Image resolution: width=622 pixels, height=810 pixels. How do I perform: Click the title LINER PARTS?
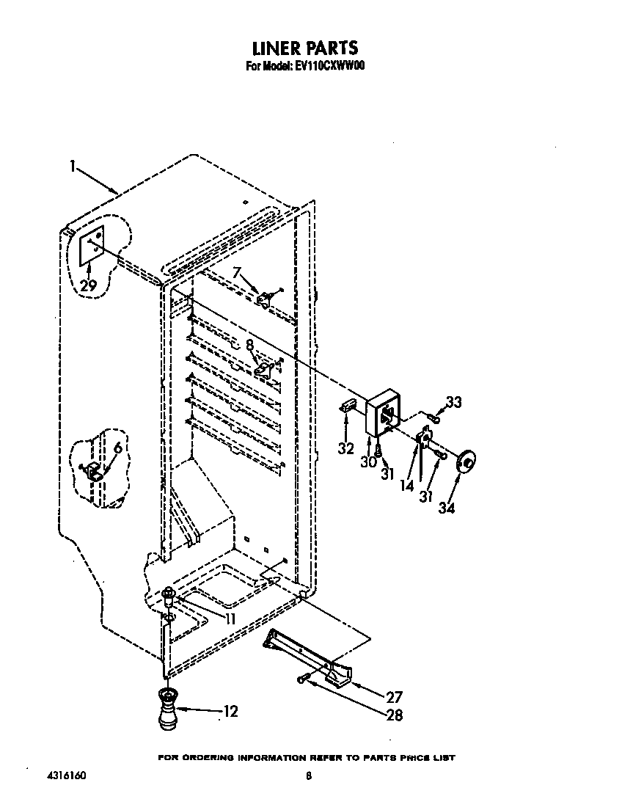pyautogui.click(x=305, y=48)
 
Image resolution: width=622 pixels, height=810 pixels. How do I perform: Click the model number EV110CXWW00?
pyautogui.click(x=325, y=65)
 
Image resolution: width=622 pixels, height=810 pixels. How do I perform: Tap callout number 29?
pyautogui.click(x=88, y=286)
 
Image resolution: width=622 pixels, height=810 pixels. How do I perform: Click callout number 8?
pyautogui.click(x=250, y=344)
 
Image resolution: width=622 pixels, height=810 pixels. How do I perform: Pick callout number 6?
pyautogui.click(x=118, y=449)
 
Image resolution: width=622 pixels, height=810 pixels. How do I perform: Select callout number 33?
pyautogui.click(x=454, y=402)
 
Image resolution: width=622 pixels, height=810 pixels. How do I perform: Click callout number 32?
pyautogui.click(x=345, y=448)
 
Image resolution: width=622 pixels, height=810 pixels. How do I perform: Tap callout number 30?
pyautogui.click(x=367, y=463)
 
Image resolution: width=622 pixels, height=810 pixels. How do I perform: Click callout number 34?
pyautogui.click(x=447, y=507)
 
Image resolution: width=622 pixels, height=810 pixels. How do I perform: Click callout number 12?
pyautogui.click(x=230, y=711)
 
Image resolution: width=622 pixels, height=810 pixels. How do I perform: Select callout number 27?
pyautogui.click(x=394, y=697)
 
